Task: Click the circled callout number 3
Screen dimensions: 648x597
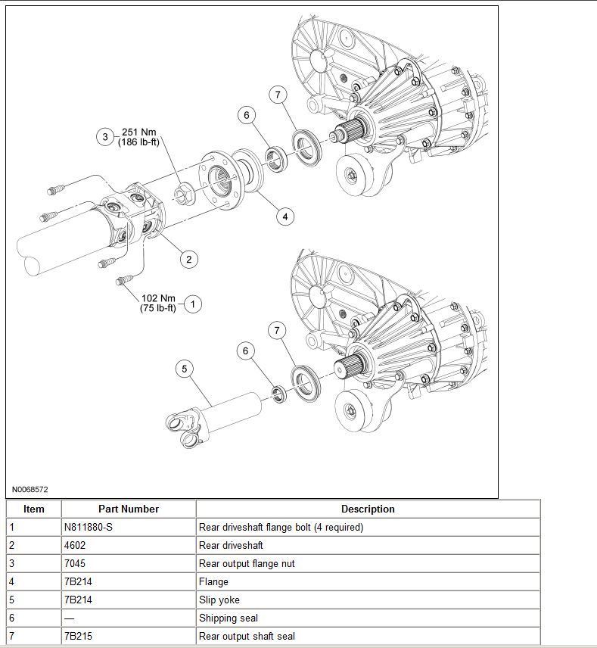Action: (x=105, y=137)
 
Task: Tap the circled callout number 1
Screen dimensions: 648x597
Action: (x=192, y=304)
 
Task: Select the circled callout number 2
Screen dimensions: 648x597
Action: (x=188, y=259)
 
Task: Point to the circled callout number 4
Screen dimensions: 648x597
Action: (x=285, y=217)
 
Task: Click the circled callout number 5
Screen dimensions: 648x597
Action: (x=184, y=369)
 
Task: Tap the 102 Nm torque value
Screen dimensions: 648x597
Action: (x=158, y=298)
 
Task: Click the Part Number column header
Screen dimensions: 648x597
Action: (x=128, y=509)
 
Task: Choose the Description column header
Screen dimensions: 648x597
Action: (x=368, y=509)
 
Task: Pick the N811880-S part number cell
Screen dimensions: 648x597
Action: (x=89, y=528)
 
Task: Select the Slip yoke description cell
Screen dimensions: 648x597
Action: (x=219, y=600)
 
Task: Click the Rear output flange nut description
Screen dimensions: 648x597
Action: (x=247, y=564)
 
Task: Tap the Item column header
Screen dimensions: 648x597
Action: (x=34, y=509)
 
